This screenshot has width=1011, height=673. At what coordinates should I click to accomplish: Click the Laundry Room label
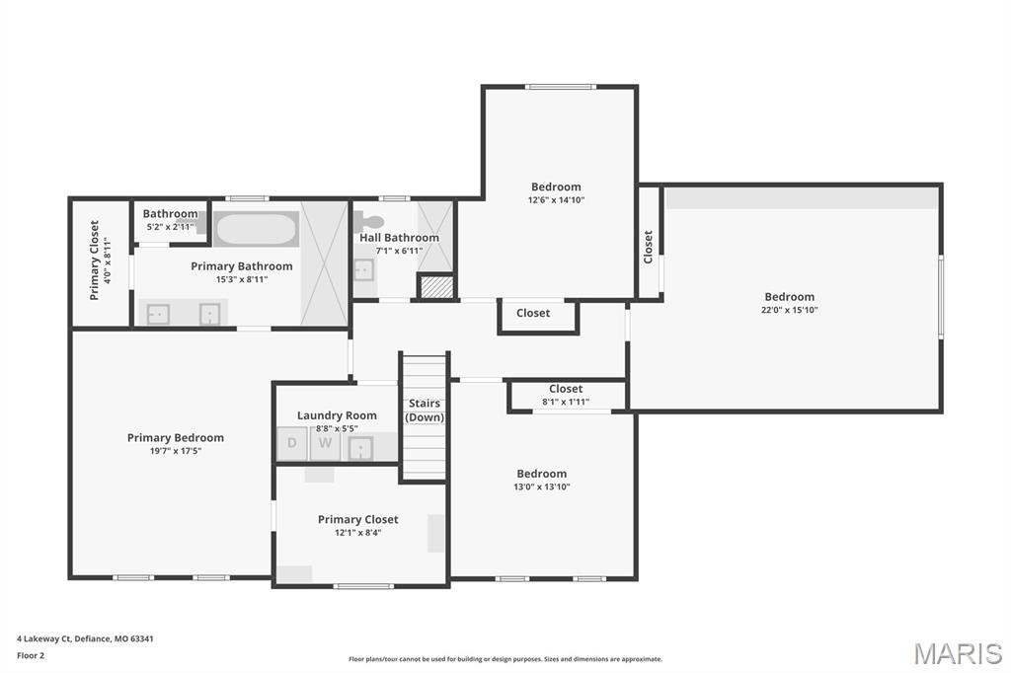coord(337,415)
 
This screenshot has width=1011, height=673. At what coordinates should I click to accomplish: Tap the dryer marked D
coord(292,443)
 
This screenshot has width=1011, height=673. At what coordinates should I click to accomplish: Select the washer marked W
coord(324,444)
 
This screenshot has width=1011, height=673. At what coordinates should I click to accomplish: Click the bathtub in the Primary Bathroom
coord(256,230)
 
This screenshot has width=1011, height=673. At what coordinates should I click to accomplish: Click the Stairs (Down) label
coord(425,411)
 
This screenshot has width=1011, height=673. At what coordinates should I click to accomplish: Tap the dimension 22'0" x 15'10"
coord(789,310)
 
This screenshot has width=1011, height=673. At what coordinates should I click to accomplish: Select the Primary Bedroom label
coord(176,438)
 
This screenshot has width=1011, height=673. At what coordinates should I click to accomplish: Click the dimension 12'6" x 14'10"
coord(556,200)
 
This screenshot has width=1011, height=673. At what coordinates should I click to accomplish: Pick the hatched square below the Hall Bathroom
coord(435,286)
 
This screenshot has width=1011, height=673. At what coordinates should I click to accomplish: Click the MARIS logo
coord(957,652)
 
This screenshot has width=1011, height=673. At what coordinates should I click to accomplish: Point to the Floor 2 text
coord(32,654)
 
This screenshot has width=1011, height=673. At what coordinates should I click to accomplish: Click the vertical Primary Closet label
coord(94,260)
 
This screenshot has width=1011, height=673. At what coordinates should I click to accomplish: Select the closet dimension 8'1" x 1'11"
coord(566,402)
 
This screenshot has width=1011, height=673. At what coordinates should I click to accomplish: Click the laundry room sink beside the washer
coord(360,447)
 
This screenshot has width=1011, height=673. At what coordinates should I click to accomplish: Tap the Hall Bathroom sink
coord(362,269)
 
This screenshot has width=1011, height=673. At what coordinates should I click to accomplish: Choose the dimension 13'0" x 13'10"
coord(542,486)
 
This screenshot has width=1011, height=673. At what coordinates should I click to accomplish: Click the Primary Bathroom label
coord(242,266)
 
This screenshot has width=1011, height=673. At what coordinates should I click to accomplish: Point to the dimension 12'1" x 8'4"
coord(357,533)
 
